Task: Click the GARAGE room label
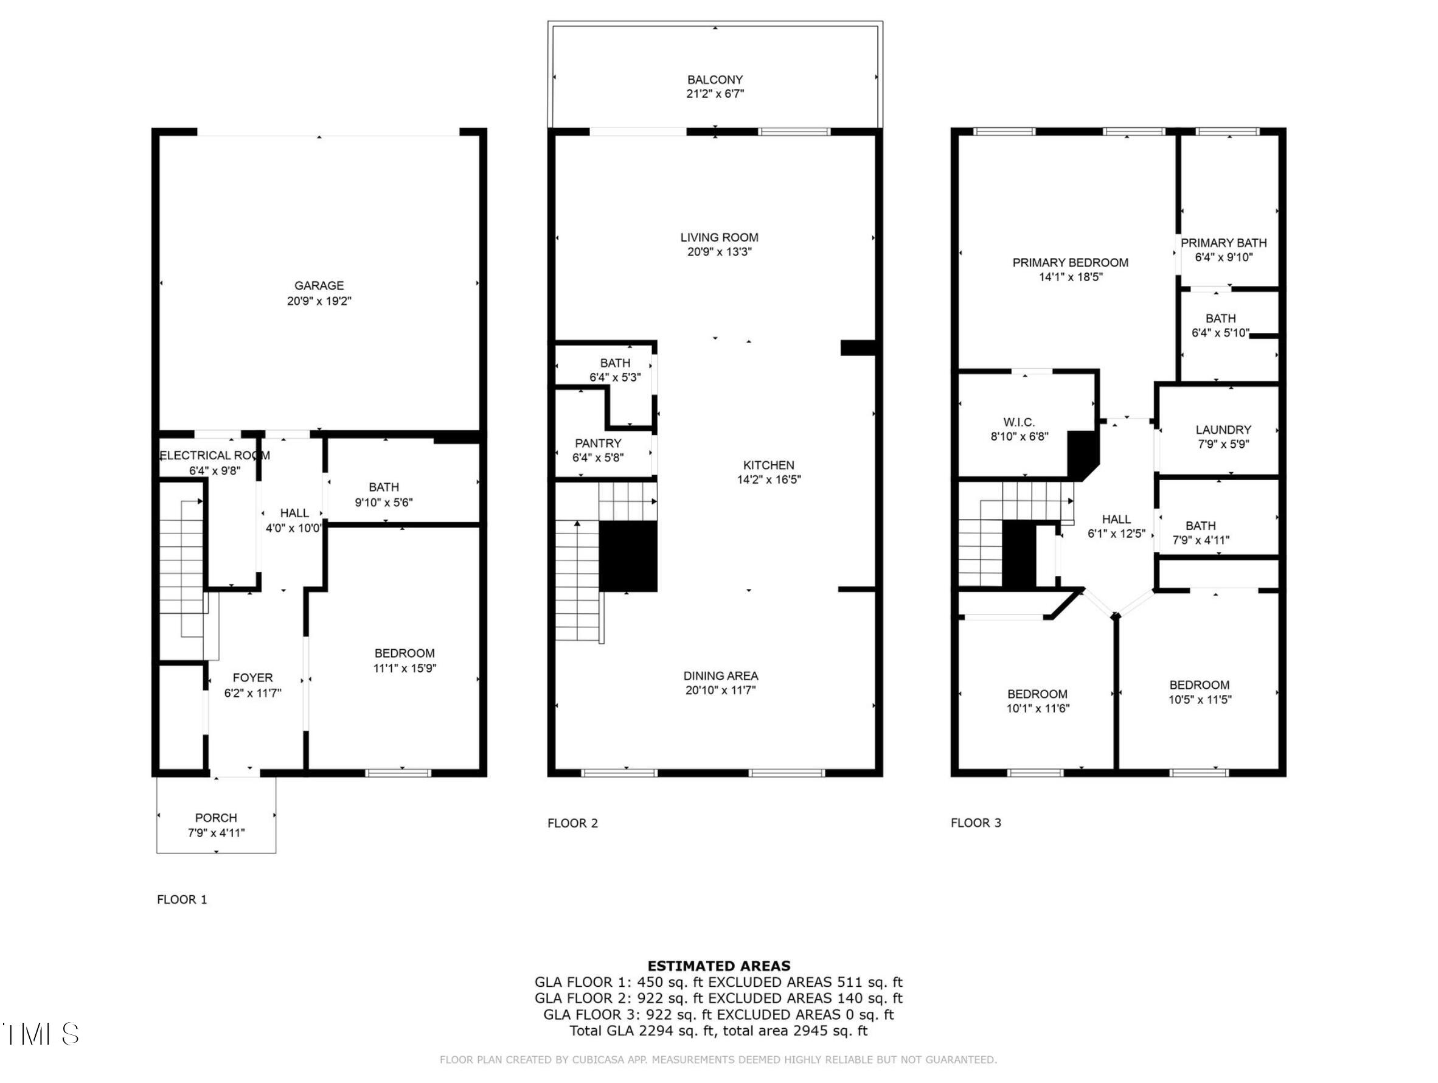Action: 319,285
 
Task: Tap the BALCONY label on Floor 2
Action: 715,80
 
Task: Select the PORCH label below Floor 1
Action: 216,818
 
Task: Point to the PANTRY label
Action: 598,444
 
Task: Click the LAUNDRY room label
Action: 1223,430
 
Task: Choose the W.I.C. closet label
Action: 1019,422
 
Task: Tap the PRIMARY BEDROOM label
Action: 1070,263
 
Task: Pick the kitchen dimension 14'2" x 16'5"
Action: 769,479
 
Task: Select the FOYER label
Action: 253,678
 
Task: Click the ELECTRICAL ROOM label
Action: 215,456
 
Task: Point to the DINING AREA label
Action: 721,676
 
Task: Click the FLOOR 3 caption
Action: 976,823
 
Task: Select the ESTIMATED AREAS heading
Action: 719,966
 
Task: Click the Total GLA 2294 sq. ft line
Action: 718,1031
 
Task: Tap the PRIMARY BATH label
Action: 1223,243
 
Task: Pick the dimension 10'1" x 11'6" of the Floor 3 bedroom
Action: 1038,709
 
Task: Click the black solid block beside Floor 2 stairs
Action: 628,557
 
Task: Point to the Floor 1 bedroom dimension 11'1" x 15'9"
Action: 405,668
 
